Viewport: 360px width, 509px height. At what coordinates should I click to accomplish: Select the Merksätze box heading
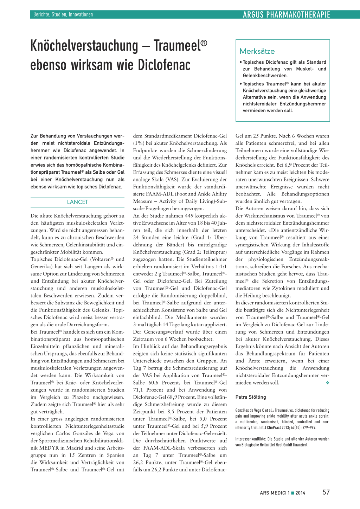tap(257, 51)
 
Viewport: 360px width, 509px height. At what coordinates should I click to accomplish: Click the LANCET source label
tap(77, 202)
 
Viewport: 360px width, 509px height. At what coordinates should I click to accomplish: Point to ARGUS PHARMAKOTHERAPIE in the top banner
tap(287, 15)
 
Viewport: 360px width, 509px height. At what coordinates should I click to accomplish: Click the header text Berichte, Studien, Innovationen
tap(63, 14)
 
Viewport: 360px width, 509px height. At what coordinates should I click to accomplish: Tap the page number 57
tap(326, 492)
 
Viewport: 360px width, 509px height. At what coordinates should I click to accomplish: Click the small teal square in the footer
tap(292, 493)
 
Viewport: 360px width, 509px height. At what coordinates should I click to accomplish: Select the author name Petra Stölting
tap(251, 397)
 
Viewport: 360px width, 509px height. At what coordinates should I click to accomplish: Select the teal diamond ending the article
tap(327, 383)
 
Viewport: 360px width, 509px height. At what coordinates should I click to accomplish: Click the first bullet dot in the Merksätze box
tap(240, 62)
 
